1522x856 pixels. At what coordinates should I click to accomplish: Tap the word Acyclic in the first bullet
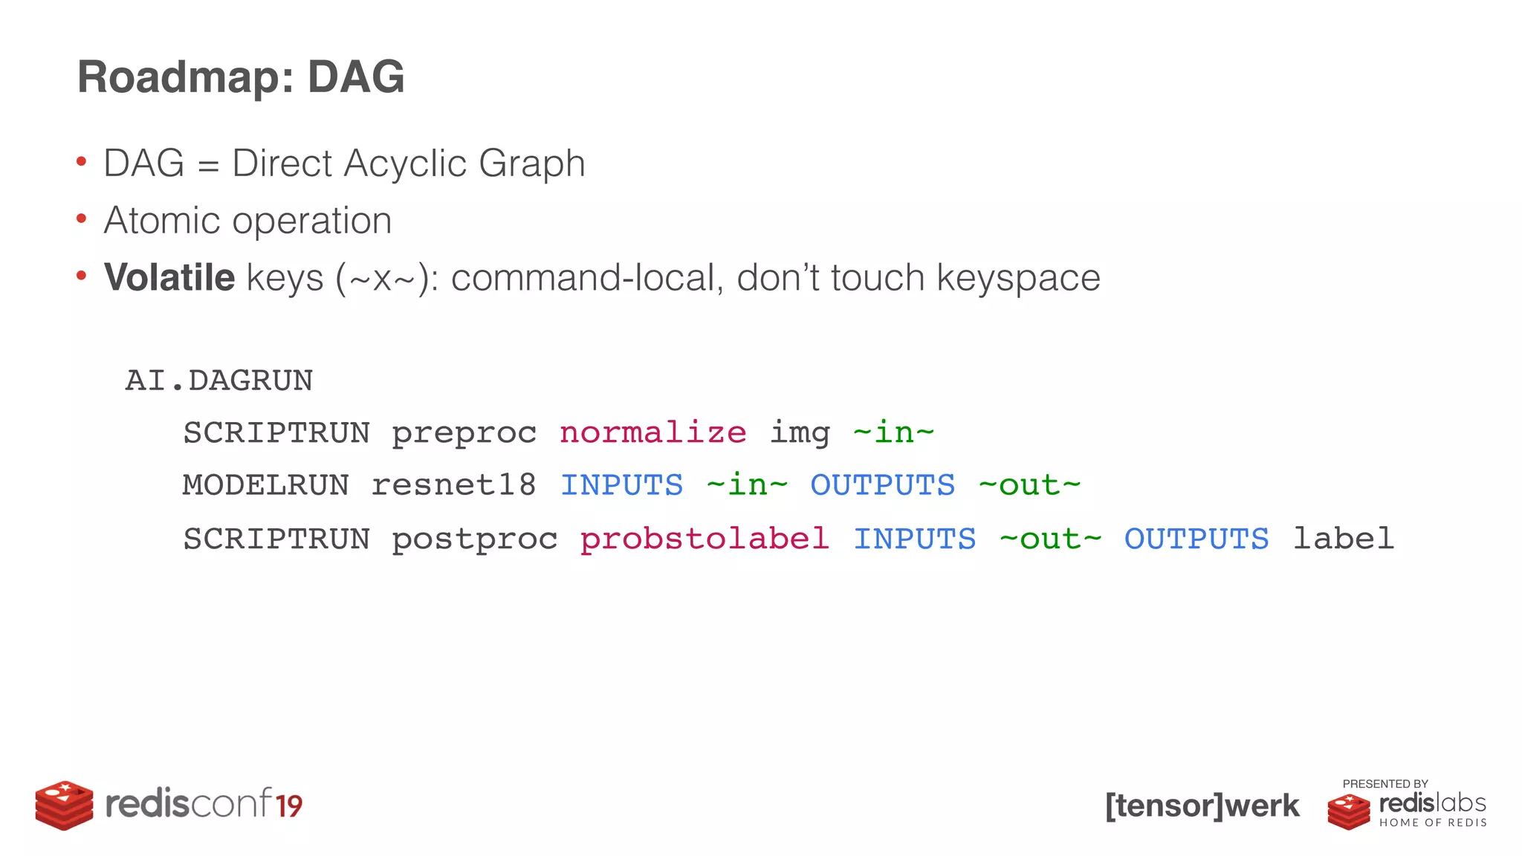coord(405,163)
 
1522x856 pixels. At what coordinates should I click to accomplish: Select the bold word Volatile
coord(169,278)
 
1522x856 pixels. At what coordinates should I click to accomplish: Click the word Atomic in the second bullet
coord(162,221)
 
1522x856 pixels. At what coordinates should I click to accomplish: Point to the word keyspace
coord(1018,279)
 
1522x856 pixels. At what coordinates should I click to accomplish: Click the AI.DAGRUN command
coord(219,380)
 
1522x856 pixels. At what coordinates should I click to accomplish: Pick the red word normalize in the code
coord(652,432)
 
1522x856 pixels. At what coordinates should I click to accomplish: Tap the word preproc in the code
coord(464,433)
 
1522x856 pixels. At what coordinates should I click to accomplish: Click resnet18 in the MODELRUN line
coord(453,485)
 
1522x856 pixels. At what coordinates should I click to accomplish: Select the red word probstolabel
coord(705,539)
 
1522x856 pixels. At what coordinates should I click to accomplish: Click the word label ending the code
coord(1343,539)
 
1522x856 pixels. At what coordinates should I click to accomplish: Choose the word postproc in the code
coord(474,539)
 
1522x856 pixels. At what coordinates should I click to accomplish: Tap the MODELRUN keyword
coord(265,485)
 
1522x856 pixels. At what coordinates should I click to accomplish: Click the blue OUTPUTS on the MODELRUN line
coord(882,485)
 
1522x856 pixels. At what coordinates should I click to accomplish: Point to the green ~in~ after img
coord(893,432)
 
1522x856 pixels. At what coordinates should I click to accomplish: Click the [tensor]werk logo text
coord(1202,805)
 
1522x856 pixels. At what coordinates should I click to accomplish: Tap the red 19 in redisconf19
coord(289,806)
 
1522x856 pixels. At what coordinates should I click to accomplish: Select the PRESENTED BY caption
coord(1385,784)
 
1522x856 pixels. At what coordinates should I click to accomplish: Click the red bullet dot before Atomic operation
coord(82,219)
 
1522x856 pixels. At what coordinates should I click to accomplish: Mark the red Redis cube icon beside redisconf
coord(64,805)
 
